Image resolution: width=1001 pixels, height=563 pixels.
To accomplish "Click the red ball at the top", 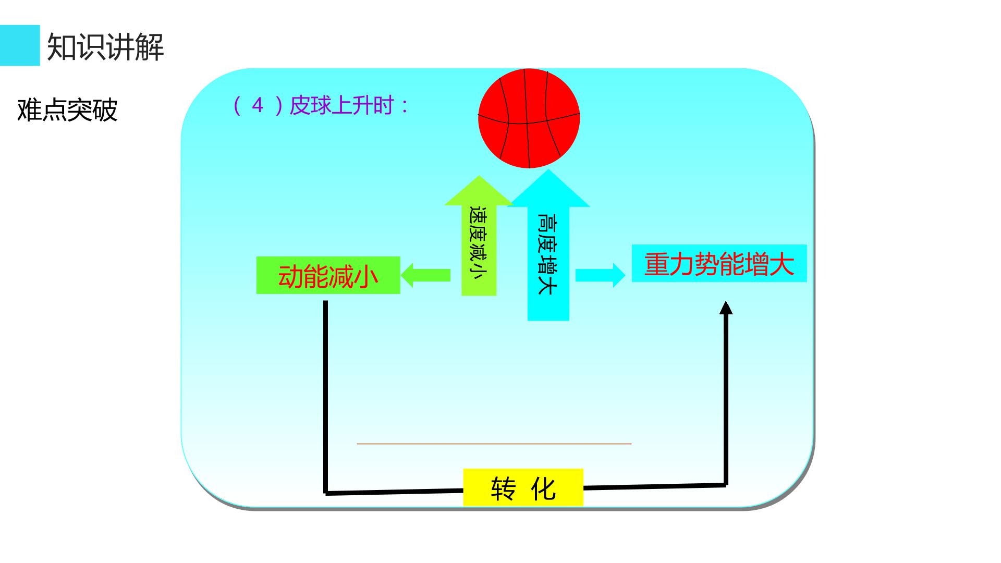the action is click(529, 118).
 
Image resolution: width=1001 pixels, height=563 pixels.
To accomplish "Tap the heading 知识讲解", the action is click(105, 47).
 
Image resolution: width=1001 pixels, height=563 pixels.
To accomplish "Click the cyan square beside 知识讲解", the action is click(20, 45).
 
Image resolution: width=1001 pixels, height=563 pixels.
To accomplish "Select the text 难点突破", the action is click(67, 109).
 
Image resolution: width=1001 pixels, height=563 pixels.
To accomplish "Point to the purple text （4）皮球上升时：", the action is click(321, 106).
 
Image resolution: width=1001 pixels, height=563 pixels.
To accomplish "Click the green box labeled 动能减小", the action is click(328, 275).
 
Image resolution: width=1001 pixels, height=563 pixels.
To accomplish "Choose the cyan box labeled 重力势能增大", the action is click(719, 264).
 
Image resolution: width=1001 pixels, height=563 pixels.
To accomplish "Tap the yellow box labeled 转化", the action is click(523, 487).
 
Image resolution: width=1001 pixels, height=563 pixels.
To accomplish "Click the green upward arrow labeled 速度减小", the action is click(479, 236).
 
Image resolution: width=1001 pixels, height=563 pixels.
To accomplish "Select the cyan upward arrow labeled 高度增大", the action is click(548, 245).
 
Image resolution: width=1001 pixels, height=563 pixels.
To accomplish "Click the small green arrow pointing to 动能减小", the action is click(425, 275).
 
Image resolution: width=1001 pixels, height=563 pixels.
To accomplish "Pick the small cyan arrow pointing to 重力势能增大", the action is click(600, 275).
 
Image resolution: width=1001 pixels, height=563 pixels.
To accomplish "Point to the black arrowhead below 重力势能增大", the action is click(726, 308).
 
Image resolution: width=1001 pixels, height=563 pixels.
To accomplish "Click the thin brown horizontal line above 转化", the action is click(494, 444).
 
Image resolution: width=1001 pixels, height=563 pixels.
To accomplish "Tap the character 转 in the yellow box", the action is click(503, 488).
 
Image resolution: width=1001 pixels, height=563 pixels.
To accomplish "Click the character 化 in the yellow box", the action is click(543, 488).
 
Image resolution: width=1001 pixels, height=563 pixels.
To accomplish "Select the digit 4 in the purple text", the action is click(258, 106).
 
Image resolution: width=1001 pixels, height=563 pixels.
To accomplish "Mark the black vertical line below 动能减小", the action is click(326, 397).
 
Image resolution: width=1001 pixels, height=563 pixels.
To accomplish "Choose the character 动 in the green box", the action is click(290, 276).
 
